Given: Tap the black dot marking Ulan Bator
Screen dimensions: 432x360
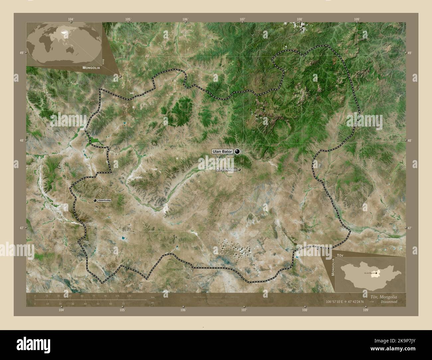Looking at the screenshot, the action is (237, 151).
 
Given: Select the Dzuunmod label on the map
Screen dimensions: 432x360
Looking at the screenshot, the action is (226, 170).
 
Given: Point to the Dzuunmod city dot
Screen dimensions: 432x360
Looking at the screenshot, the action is (239, 170).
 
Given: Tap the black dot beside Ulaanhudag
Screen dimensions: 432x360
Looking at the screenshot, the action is (95, 200).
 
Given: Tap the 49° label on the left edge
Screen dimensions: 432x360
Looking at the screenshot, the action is (21, 53).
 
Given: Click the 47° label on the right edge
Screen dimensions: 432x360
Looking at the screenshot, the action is (409, 228).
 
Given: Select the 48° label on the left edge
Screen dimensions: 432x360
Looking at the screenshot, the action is (21, 141).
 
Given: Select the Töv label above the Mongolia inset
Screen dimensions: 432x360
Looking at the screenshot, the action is (340, 255).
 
